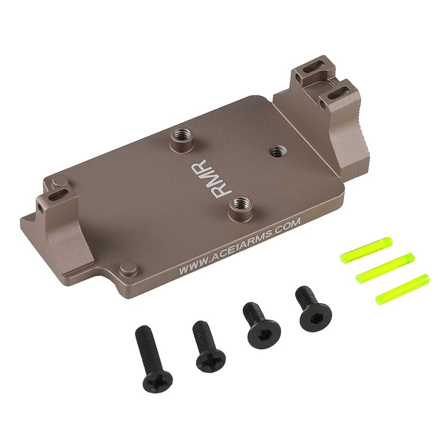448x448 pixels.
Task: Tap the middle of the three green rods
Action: coord(385,268)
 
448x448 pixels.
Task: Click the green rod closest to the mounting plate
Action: coord(366,250)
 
